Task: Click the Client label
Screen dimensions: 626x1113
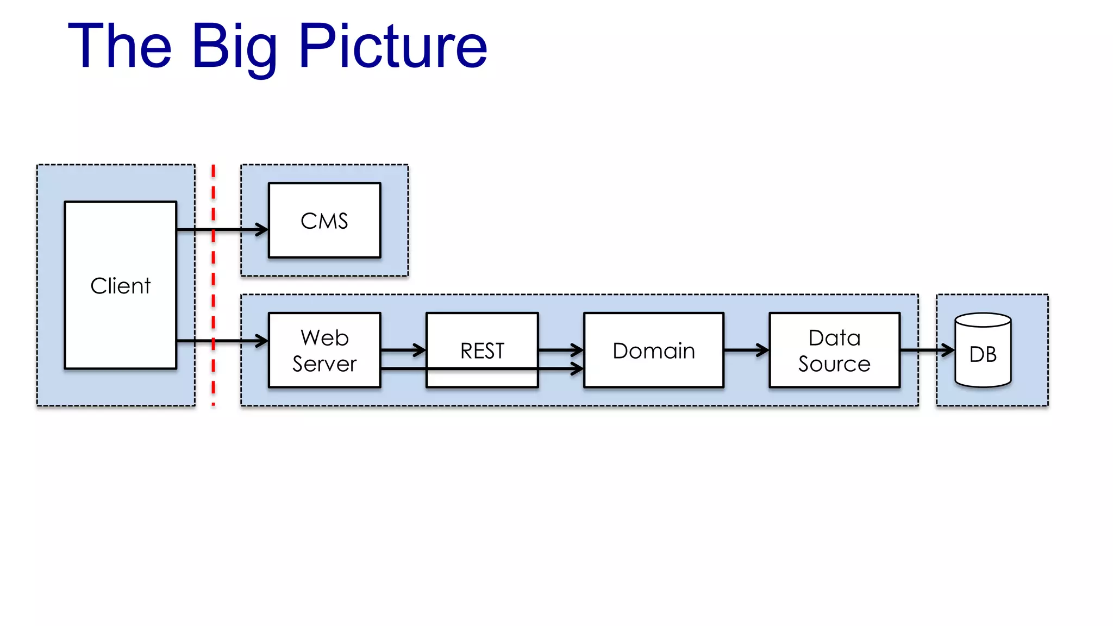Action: coord(120,286)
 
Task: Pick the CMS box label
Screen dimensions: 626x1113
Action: coord(324,221)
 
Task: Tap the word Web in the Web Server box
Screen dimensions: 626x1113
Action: coord(324,338)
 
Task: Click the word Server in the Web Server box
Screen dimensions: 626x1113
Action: coord(324,364)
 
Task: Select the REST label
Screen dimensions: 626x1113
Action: coord(482,351)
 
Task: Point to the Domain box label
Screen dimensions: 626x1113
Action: coord(654,351)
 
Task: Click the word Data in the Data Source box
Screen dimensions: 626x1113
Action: coord(834,338)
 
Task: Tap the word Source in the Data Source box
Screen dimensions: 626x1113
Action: coord(834,364)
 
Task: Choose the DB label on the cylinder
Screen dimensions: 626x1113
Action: coord(983,355)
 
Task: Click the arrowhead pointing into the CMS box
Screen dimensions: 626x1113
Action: coord(263,230)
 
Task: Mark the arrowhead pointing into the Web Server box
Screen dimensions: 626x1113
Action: coord(263,341)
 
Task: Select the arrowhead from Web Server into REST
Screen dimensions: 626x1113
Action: coord(421,350)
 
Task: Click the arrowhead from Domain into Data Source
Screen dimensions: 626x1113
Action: coord(764,350)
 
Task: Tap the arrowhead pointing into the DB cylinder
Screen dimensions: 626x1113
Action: coord(949,350)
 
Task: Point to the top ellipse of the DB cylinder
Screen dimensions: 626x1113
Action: coord(983,320)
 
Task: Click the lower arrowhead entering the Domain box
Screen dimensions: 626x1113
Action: coord(578,369)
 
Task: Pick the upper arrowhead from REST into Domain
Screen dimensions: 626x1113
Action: coord(578,350)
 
